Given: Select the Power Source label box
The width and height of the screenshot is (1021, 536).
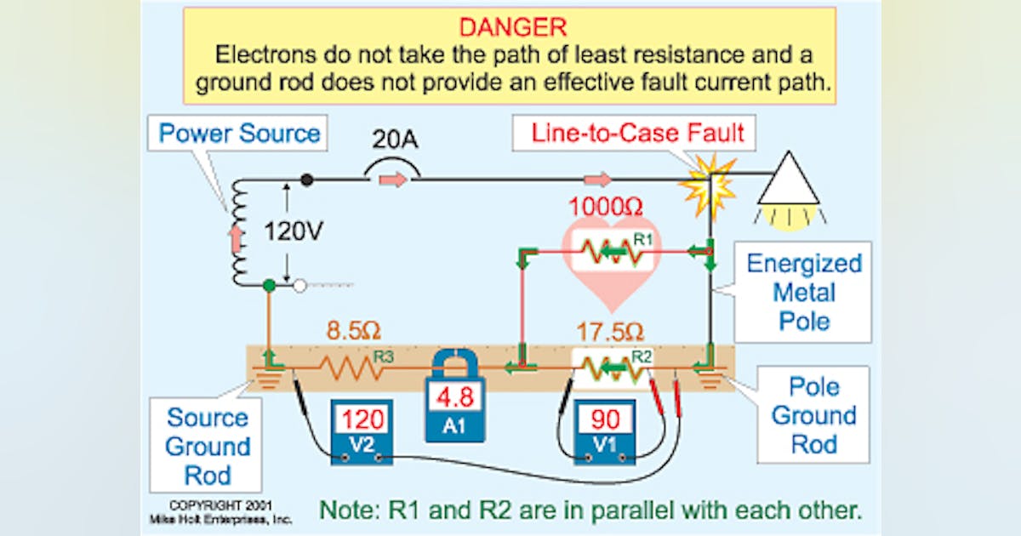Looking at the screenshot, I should tap(239, 134).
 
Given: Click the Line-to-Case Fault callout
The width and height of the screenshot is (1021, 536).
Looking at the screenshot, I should tap(637, 133).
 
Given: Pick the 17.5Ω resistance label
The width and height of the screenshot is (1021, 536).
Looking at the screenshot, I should tap(608, 331).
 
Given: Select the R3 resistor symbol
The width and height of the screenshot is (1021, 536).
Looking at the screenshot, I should tap(351, 368).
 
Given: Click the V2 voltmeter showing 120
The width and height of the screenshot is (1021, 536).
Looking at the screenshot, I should tap(362, 430).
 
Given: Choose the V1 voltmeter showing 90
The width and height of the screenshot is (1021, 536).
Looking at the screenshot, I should tap(604, 430).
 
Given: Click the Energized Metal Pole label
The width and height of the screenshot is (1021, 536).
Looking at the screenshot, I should tap(803, 292).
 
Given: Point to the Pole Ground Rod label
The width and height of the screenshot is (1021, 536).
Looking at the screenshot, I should tap(813, 415).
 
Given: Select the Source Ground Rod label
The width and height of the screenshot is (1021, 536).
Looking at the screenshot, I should tap(208, 446).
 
